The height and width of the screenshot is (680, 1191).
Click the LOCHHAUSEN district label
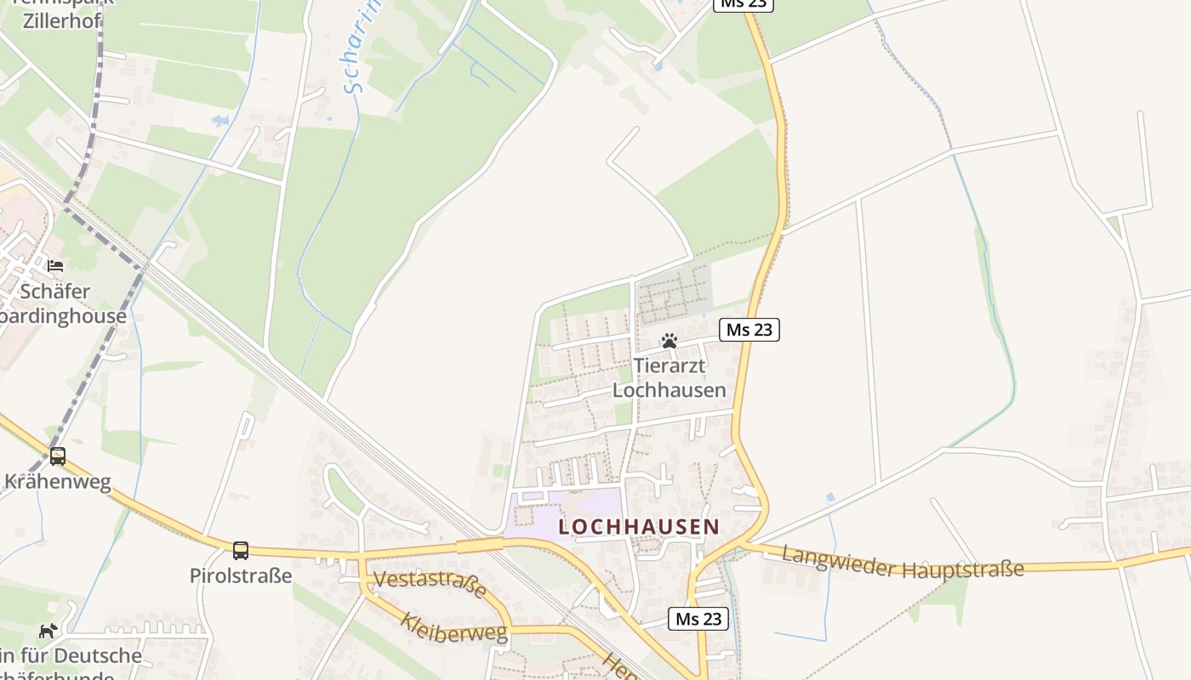[639, 527]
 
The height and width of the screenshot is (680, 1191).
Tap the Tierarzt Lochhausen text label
[670, 378]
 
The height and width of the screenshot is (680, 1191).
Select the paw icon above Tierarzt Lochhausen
[670, 342]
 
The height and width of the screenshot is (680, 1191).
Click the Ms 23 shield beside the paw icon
[749, 330]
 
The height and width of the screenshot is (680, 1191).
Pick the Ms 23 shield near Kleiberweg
[698, 619]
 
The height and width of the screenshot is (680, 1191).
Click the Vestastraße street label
[430, 584]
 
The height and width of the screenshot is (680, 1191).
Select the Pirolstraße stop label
[241, 575]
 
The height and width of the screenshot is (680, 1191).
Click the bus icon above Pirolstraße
[241, 550]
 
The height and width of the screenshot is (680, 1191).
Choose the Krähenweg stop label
[58, 482]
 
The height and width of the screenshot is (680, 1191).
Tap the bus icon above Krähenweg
[58, 456]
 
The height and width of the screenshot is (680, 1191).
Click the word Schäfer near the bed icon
[55, 292]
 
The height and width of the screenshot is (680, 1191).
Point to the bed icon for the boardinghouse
[55, 266]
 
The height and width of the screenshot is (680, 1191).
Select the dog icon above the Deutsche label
[48, 631]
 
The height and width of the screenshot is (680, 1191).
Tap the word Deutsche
[98, 656]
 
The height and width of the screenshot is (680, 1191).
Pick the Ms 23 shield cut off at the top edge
[743, 4]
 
